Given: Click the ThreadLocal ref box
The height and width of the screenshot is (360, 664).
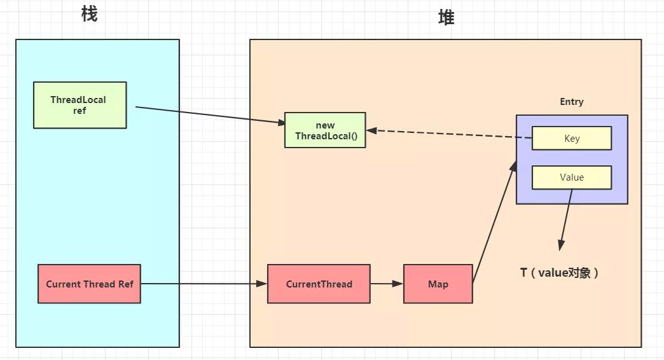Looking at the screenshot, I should (x=80, y=105).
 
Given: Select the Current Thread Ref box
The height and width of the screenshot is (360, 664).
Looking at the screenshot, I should (x=89, y=284).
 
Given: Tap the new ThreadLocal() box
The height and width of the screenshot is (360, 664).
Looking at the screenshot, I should (x=324, y=130).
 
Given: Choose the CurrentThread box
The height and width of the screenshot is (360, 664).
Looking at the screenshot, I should (x=319, y=284).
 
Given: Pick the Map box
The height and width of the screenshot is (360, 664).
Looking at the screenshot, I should (x=438, y=284).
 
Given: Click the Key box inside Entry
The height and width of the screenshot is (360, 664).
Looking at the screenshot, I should (x=571, y=138).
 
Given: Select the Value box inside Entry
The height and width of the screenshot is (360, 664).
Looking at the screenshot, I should (x=571, y=177).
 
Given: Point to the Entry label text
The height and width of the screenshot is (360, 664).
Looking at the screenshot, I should (x=571, y=102).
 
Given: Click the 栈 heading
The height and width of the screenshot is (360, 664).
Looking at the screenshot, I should (x=90, y=14).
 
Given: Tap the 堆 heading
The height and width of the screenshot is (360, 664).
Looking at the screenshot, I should (x=446, y=18).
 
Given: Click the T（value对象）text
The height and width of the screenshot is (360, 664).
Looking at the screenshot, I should (x=560, y=273).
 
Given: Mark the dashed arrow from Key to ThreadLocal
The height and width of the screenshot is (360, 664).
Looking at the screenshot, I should (x=445, y=134).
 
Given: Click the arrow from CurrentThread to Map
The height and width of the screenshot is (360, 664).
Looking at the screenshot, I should (x=387, y=284).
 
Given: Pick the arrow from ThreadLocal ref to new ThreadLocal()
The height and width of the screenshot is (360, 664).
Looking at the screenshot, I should (x=210, y=114).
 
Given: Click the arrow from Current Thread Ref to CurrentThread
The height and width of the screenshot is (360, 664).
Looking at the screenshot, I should (x=204, y=284).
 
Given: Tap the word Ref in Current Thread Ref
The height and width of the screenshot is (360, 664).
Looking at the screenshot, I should (x=125, y=284).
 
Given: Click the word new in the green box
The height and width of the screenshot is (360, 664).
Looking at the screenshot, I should (x=324, y=125).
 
